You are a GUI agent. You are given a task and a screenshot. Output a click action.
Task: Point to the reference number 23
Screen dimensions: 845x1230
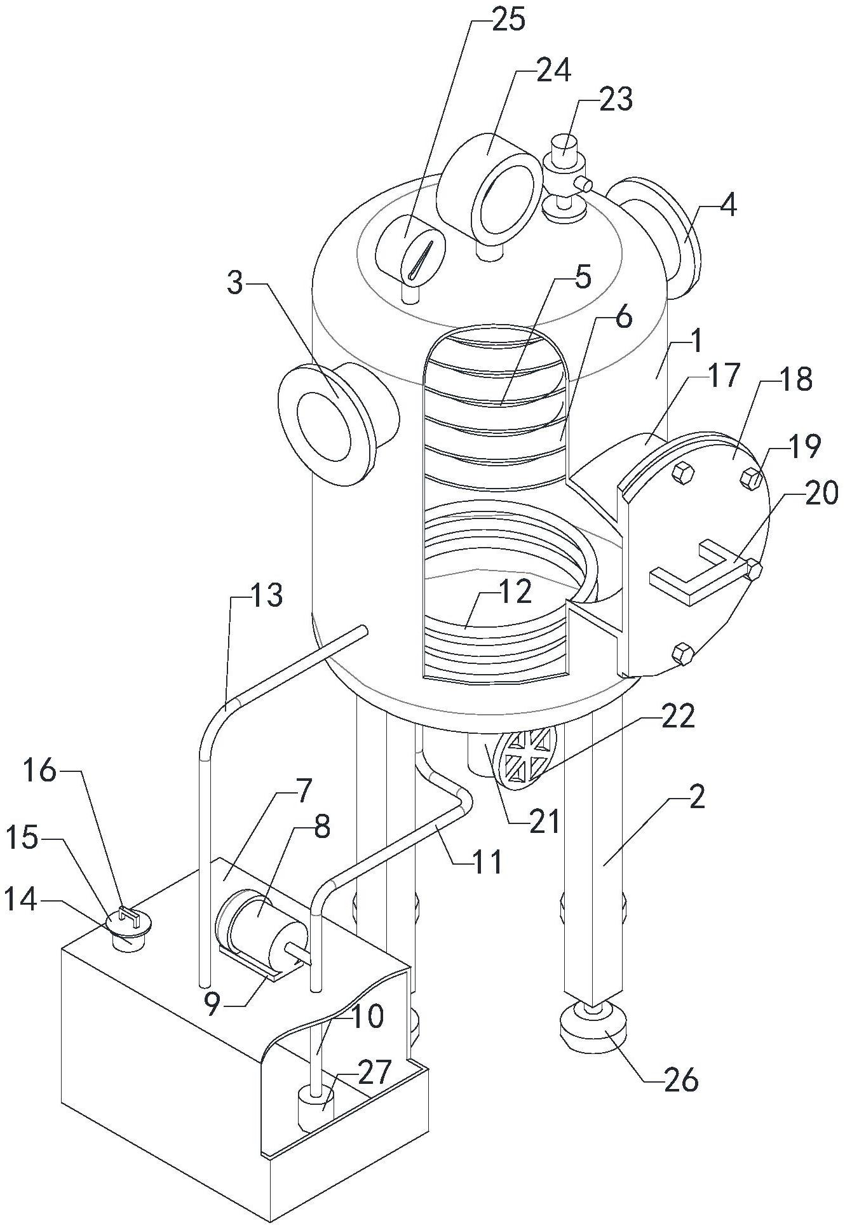click(615, 100)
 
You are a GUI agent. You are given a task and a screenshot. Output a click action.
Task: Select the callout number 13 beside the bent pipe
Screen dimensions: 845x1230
click(265, 595)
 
